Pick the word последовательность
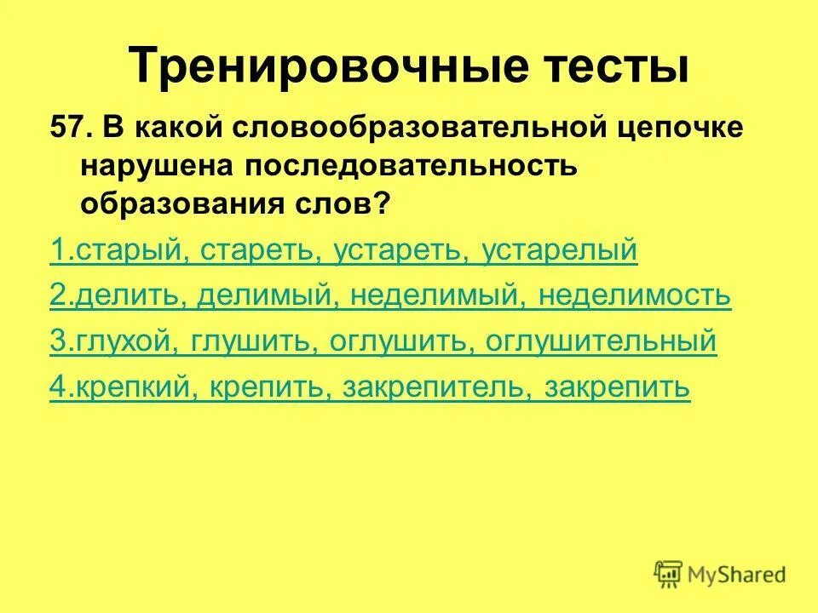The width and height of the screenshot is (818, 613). tap(400, 168)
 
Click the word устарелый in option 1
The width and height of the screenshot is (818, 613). tap(559, 251)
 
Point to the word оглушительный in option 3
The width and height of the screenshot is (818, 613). tap(601, 341)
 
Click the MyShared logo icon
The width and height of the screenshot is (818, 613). tap(668, 572)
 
